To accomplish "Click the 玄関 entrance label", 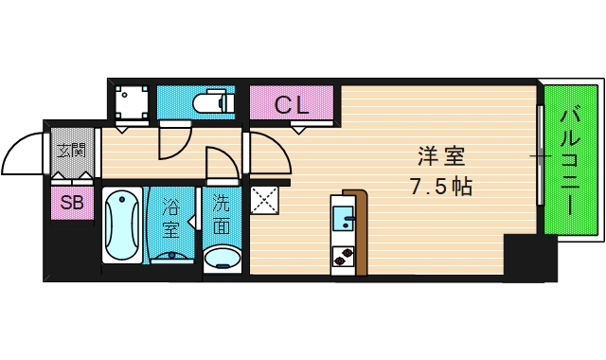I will pyautogui.click(x=71, y=150).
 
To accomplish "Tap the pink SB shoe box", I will pyautogui.click(x=72, y=201).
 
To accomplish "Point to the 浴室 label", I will pyautogui.click(x=170, y=217).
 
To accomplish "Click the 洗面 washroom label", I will pyautogui.click(x=221, y=213).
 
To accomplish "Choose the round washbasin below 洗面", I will pyautogui.click(x=223, y=258).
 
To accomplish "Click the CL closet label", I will pyautogui.click(x=292, y=104).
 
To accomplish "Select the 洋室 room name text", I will pyautogui.click(x=439, y=154).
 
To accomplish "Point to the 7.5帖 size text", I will pyautogui.click(x=439, y=186).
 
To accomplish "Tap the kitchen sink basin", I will pyautogui.click(x=343, y=224).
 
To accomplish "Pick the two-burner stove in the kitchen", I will pyautogui.click(x=342, y=256).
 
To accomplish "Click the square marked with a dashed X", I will pyautogui.click(x=262, y=200).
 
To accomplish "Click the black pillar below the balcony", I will pyautogui.click(x=529, y=258).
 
